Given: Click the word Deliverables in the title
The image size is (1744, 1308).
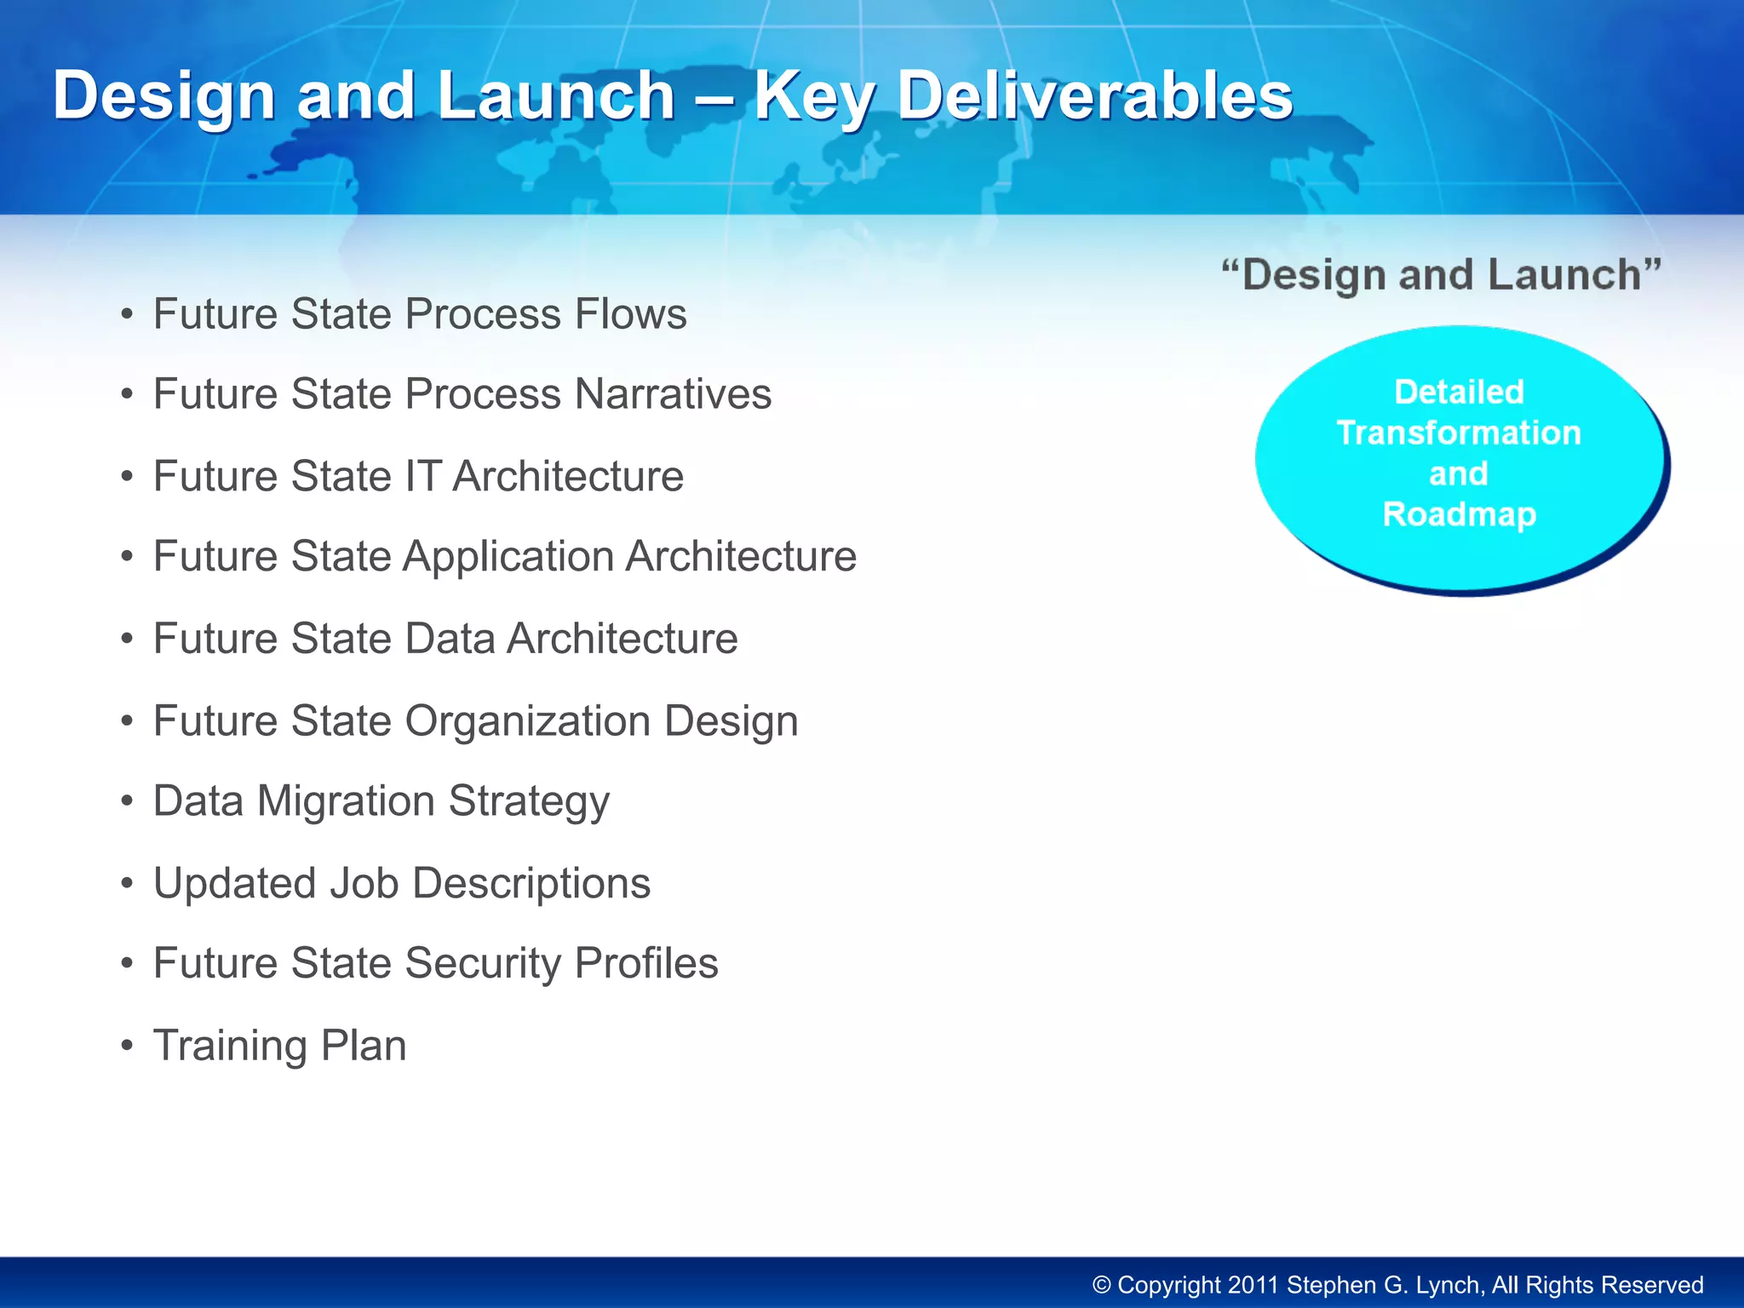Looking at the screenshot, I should click(x=1095, y=95).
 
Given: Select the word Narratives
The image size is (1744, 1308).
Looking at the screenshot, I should click(x=673, y=394).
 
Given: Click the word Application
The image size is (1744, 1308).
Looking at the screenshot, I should click(x=508, y=557).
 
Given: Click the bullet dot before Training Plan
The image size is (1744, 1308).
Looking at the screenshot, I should click(x=127, y=1046).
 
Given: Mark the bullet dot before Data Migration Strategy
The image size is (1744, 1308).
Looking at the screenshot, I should click(x=127, y=801).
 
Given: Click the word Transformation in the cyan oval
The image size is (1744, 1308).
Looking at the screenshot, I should click(x=1459, y=433).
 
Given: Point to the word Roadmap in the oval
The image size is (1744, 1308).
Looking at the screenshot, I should click(x=1459, y=514).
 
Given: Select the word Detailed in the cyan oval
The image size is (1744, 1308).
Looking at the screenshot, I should click(x=1459, y=392).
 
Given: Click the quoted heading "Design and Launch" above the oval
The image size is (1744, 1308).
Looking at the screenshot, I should click(x=1441, y=275).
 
